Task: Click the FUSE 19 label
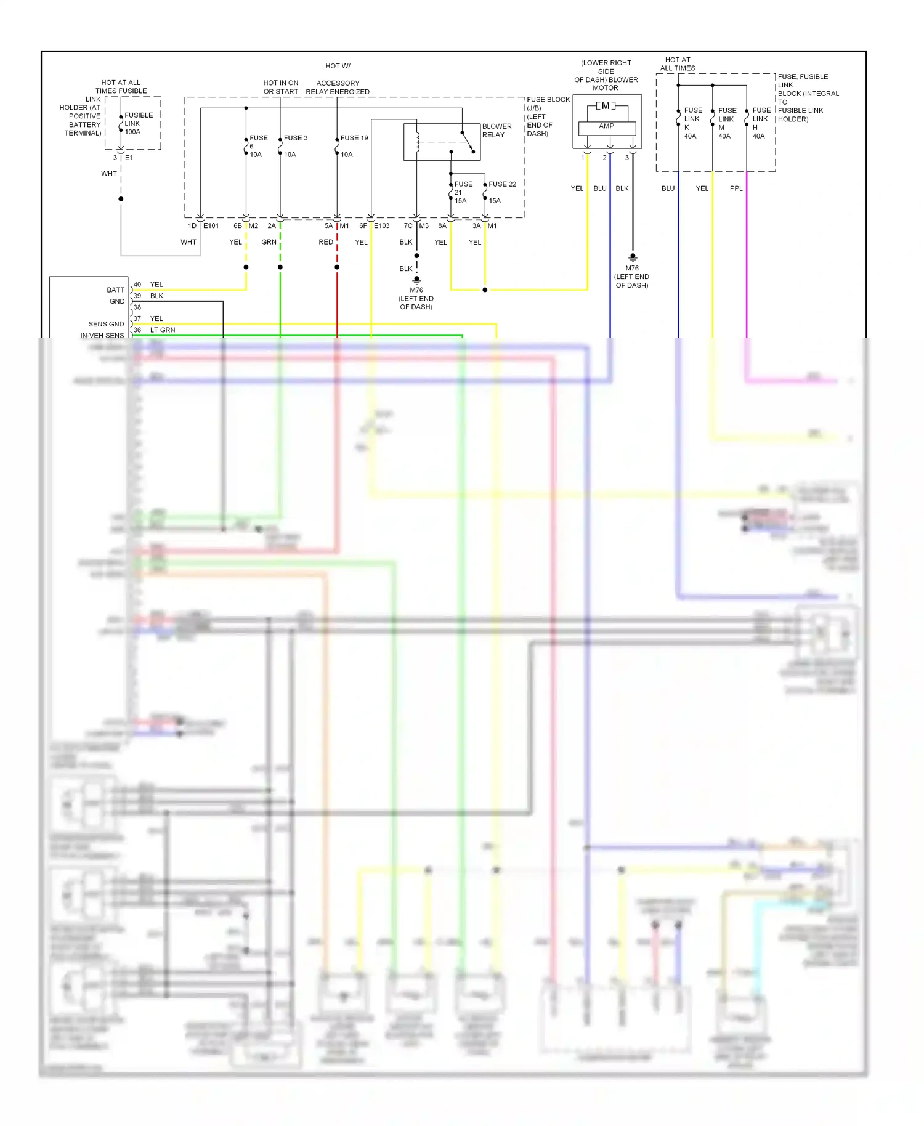click(354, 138)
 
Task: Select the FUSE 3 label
click(296, 138)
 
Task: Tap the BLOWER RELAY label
click(496, 130)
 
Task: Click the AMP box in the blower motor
click(607, 126)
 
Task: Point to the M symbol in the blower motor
click(606, 106)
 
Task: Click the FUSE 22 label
click(502, 184)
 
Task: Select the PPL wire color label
click(736, 188)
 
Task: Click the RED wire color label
click(326, 242)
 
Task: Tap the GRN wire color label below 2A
click(269, 242)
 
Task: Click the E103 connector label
click(382, 225)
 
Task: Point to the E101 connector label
click(211, 225)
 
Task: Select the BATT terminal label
click(115, 290)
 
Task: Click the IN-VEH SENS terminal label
click(102, 335)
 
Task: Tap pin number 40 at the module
click(137, 285)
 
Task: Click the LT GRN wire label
click(163, 330)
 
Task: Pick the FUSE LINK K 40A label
click(692, 123)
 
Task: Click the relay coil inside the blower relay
click(418, 142)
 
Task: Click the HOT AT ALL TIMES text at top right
click(678, 64)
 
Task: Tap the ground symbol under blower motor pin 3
click(633, 257)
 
